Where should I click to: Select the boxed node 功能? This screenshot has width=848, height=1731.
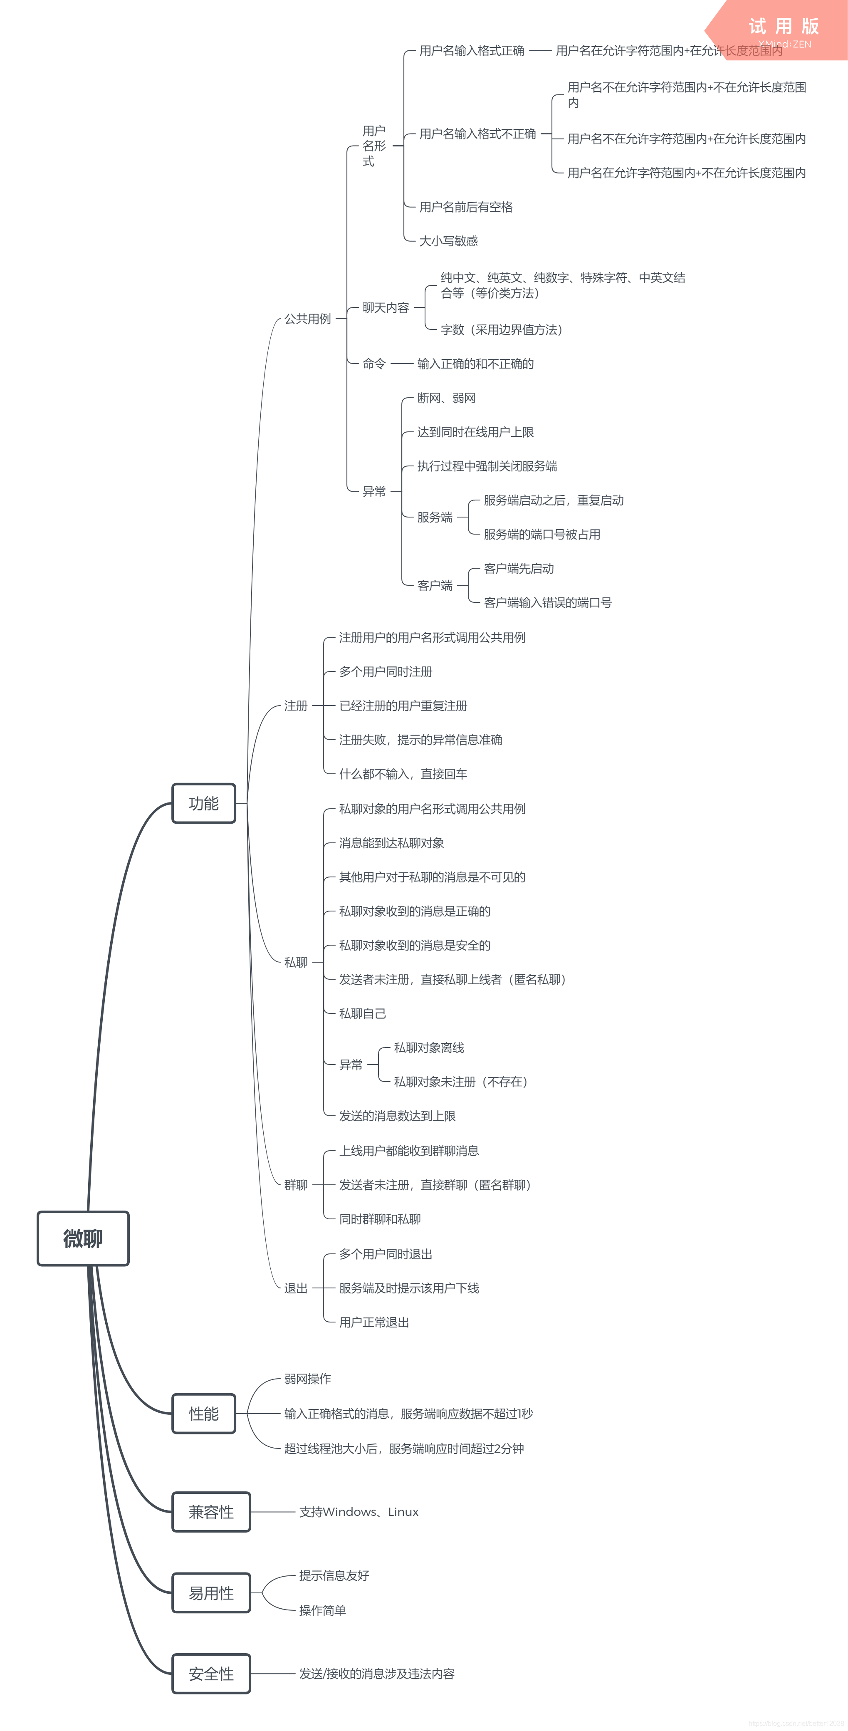204,803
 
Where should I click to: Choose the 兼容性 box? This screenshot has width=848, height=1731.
211,1512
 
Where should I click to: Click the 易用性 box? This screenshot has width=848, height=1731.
211,1592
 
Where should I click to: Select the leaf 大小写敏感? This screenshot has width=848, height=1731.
448,240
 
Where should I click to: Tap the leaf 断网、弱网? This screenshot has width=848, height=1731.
446,398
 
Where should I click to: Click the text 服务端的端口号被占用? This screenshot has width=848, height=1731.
541,534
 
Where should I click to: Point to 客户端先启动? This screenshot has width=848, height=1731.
519,569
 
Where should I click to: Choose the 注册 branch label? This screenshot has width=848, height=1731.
296,706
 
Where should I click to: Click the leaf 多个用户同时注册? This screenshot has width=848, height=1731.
386,671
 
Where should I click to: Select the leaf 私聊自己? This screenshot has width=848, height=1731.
362,1013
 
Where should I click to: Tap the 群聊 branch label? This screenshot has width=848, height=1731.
296,1185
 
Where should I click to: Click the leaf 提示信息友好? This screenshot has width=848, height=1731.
334,1575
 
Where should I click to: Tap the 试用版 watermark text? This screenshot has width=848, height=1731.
784,26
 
